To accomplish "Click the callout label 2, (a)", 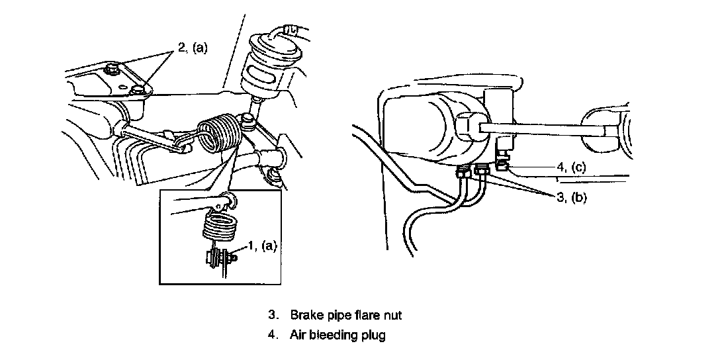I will click(192, 48).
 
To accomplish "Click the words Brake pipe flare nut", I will click(345, 315).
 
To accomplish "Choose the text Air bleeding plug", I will click(337, 335).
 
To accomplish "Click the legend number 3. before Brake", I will click(273, 315).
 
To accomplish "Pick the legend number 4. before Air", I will click(273, 335).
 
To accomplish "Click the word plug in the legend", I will click(374, 336).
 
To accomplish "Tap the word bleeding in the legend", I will click(335, 335).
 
